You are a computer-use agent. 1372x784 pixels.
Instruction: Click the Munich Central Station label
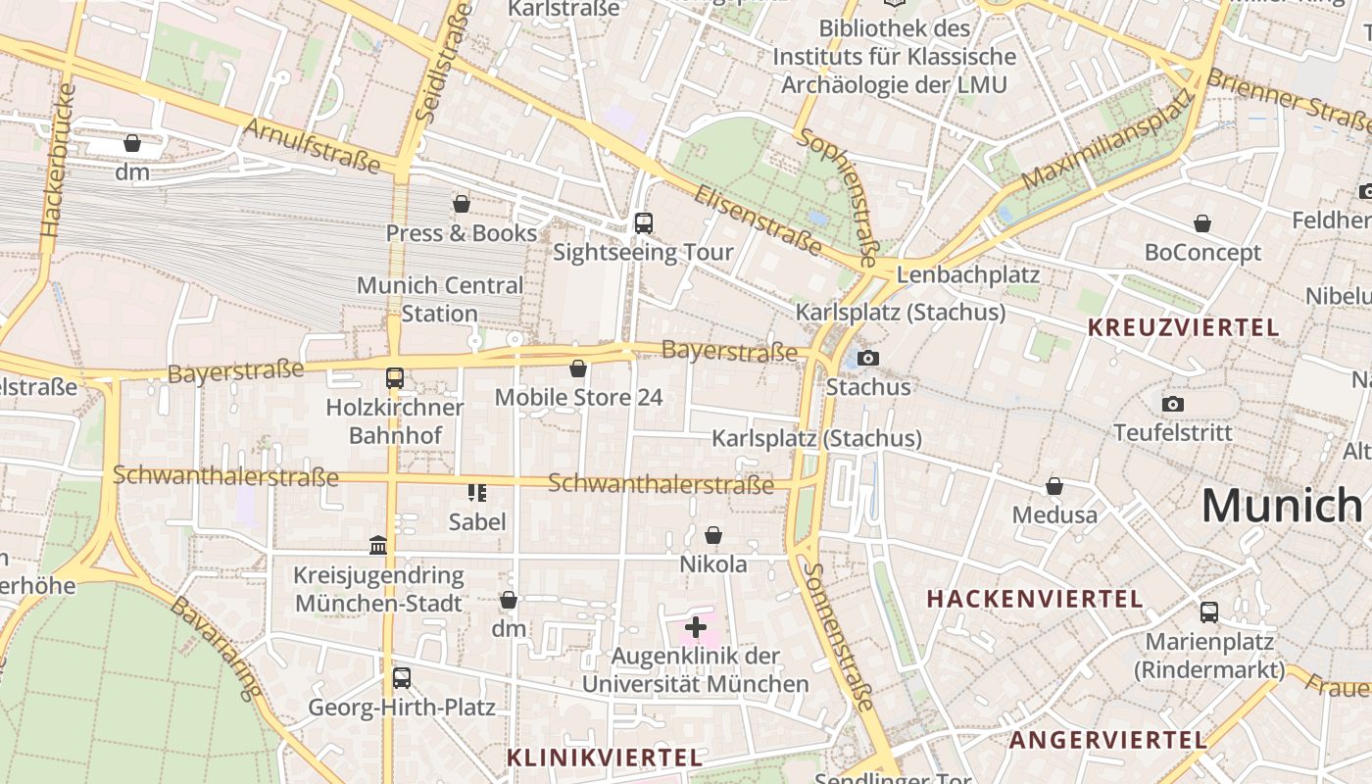point(439,300)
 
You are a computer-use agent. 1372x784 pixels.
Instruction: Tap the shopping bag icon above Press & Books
point(462,204)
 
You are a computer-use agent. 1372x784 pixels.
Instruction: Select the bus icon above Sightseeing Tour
point(643,223)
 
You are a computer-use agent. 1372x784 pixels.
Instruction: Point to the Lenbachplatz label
point(967,273)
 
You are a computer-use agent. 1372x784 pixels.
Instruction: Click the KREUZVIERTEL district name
point(1184,327)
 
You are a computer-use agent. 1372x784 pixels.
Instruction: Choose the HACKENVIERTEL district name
point(1034,598)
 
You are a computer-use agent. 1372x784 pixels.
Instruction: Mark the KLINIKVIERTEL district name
point(605,758)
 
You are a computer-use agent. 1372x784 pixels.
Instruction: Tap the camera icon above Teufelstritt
point(1172,404)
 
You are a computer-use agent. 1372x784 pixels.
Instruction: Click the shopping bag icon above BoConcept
point(1202,224)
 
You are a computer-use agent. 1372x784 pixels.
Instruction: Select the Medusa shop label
point(1054,514)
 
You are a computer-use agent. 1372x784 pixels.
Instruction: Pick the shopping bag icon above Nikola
point(713,535)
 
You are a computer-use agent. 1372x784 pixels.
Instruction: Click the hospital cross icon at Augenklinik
point(696,626)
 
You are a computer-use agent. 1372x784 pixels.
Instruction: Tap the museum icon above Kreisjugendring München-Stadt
point(378,545)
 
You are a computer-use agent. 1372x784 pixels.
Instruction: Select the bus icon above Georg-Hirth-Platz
point(401,677)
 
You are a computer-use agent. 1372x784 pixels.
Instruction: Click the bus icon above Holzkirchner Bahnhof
point(394,378)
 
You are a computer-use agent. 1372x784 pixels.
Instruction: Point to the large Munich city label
point(1282,506)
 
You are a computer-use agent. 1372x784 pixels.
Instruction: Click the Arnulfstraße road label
point(311,145)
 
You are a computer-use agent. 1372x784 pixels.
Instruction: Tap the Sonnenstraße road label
point(839,636)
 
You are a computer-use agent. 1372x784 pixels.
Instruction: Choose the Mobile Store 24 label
point(578,397)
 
